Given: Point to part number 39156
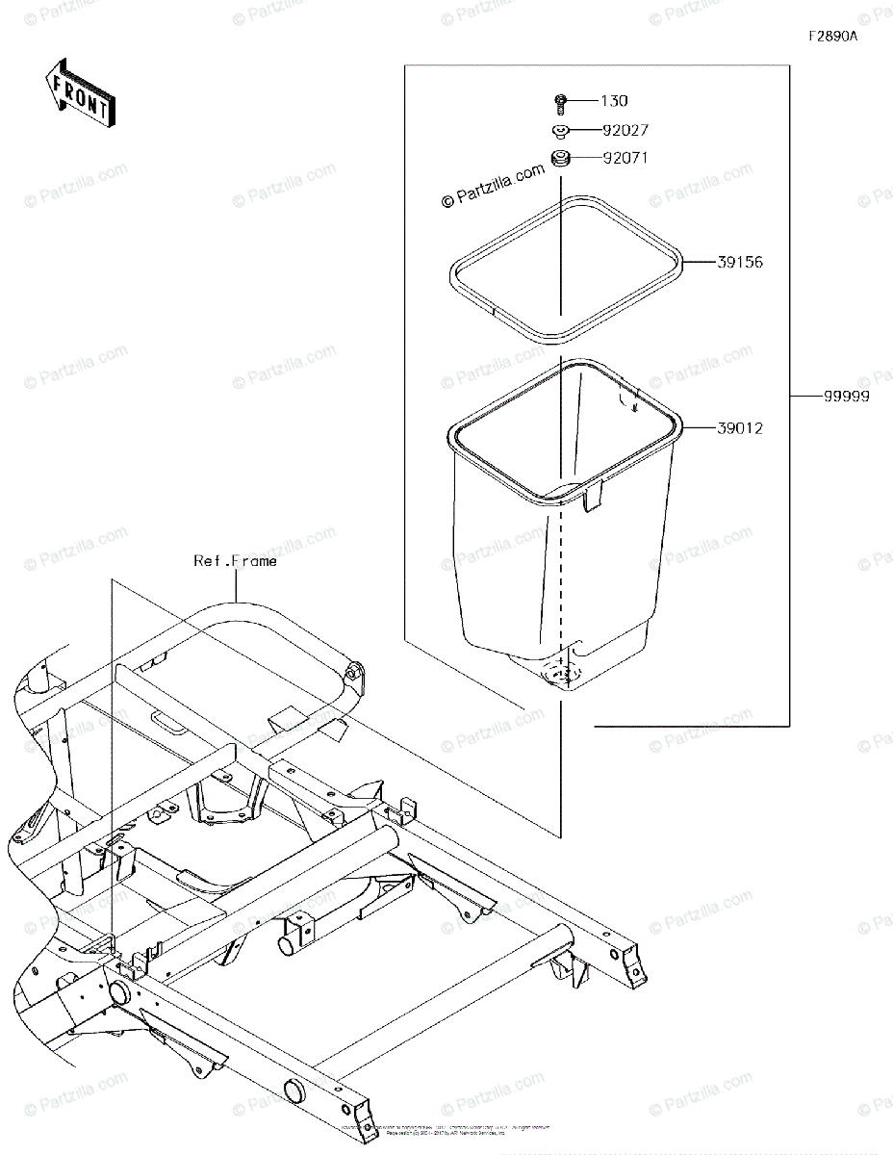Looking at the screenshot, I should pyautogui.click(x=739, y=262).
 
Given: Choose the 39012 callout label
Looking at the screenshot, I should pyautogui.click(x=739, y=428).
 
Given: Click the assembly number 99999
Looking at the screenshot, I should pyautogui.click(x=846, y=397).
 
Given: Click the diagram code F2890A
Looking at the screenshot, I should pyautogui.click(x=832, y=37).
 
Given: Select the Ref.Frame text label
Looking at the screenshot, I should pyautogui.click(x=235, y=560).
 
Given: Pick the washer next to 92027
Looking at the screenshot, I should pyautogui.click(x=559, y=130).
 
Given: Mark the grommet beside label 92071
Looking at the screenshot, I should pyautogui.click(x=559, y=158).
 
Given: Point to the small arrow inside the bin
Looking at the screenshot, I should pyautogui.click(x=634, y=402).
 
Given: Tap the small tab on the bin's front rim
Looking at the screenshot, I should pyautogui.click(x=592, y=495).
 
